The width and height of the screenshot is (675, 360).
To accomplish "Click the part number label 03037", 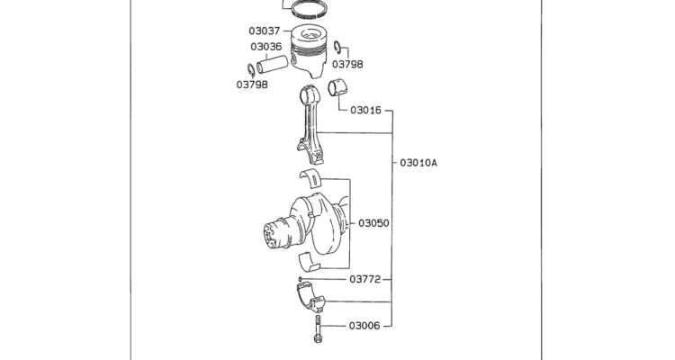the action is [x=265, y=31].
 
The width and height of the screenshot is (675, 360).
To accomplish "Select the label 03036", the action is [x=266, y=47].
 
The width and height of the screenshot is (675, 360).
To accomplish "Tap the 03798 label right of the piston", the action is [x=347, y=64].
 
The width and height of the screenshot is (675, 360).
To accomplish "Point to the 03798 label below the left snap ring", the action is [x=252, y=85].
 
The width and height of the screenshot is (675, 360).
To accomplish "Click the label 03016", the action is [x=365, y=110].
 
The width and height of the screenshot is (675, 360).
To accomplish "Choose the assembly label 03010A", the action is [x=418, y=163].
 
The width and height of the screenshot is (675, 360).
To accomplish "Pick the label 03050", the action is [x=373, y=223].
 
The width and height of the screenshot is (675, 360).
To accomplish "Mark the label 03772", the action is [x=365, y=280].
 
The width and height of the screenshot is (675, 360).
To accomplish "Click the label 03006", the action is [x=364, y=326].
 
